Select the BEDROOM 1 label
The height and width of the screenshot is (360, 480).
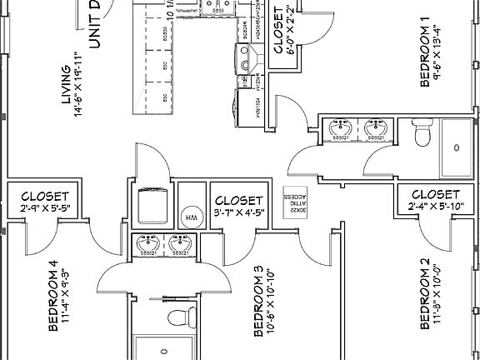click(x=424, y=54)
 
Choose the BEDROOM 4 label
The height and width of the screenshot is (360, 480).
click(x=53, y=297)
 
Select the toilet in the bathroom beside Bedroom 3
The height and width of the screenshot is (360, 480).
click(x=176, y=316)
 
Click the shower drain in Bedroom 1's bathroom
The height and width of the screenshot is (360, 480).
click(x=456, y=147)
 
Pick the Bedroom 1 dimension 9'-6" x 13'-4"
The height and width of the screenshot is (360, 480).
click(x=439, y=54)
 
